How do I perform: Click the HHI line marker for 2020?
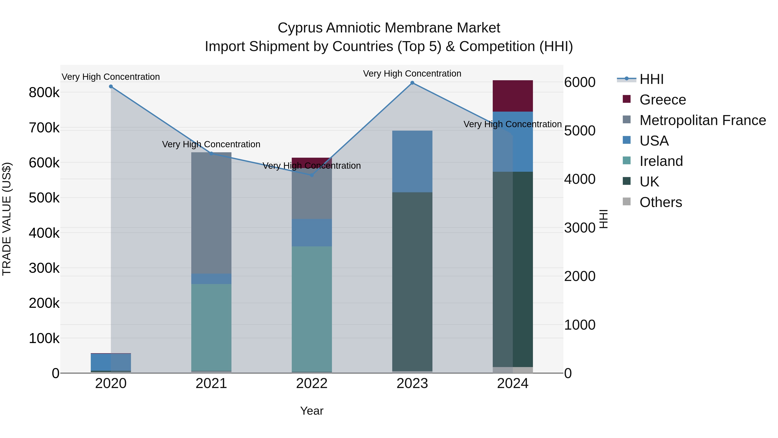coord(111,87)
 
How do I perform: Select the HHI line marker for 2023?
coord(412,83)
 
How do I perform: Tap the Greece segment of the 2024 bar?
coord(513,96)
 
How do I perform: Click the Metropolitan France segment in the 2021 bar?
coord(211,213)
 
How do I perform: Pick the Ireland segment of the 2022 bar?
coord(312,308)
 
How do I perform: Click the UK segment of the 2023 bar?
coord(412,281)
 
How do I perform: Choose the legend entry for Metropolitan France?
coord(703,120)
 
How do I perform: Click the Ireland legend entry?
coord(661,161)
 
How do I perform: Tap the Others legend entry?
coord(660,202)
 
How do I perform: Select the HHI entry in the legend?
coord(651,79)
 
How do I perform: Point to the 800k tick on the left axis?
coord(44,93)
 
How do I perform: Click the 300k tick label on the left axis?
coord(44,268)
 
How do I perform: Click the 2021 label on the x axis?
coord(211,383)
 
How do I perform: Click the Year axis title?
coord(312,411)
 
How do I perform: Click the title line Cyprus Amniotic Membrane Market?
coord(389,28)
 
